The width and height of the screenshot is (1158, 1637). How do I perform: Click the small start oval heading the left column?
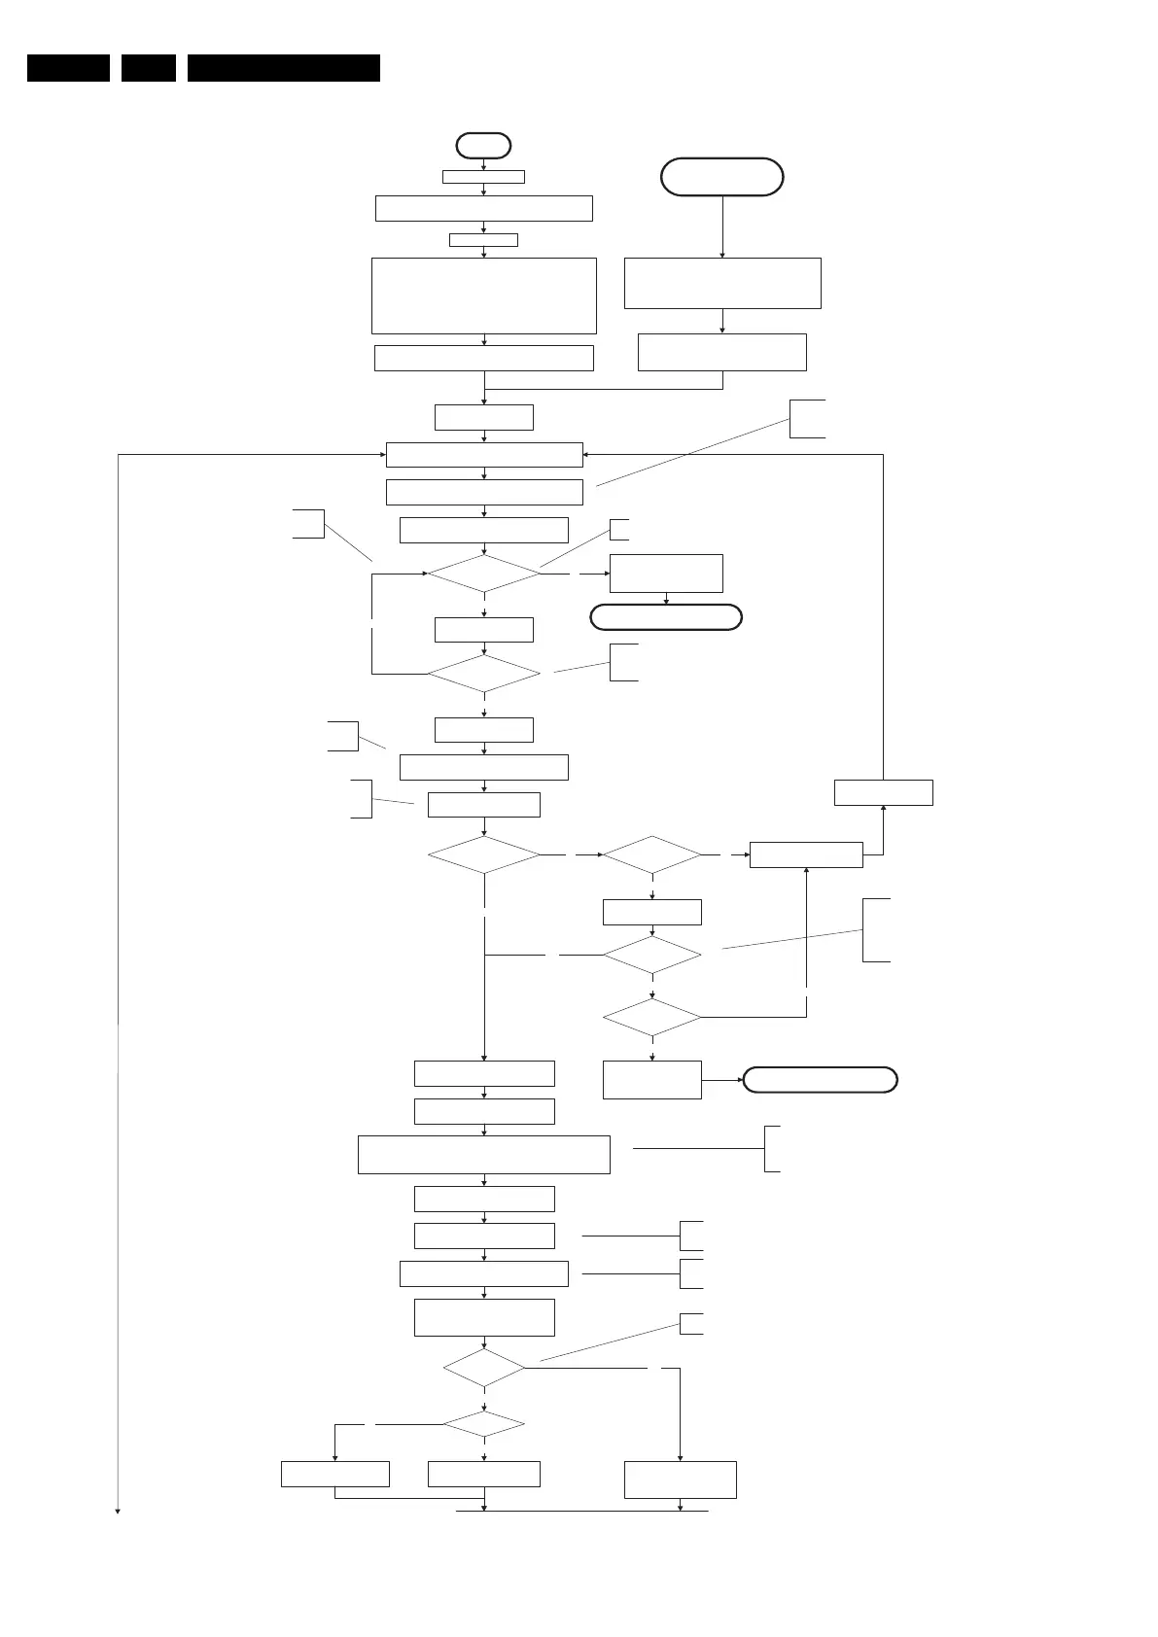tap(483, 146)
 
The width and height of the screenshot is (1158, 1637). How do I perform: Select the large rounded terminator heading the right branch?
tap(721, 177)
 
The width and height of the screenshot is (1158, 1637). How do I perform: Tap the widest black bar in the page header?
tap(283, 68)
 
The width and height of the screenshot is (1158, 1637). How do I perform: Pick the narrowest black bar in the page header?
tap(149, 68)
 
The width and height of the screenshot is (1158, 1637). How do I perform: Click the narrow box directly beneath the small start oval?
tap(483, 177)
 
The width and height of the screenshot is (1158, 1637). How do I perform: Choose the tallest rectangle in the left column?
tap(483, 296)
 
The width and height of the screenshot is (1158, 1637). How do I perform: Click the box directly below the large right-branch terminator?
tap(721, 283)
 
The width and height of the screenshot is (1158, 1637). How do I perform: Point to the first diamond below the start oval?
tap(483, 574)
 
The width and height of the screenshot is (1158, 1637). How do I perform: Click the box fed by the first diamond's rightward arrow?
tap(666, 574)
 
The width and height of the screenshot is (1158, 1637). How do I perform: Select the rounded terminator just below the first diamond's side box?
tap(666, 617)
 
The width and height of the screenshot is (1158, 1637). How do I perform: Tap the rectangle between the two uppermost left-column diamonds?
tap(483, 630)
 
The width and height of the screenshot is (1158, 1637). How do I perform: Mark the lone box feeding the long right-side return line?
tap(883, 792)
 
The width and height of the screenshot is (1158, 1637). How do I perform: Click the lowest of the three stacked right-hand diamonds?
tap(651, 1018)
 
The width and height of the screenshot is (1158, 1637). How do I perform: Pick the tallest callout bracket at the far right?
tap(875, 930)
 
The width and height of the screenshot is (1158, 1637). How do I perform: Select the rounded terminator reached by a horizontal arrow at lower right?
tap(820, 1080)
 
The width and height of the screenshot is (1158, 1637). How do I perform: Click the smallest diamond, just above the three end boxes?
tap(483, 1424)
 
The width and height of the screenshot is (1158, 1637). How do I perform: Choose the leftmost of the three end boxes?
tap(334, 1474)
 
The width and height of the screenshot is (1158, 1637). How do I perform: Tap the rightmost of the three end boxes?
tap(680, 1480)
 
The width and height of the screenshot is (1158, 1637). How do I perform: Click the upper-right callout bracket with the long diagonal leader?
tap(807, 418)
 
